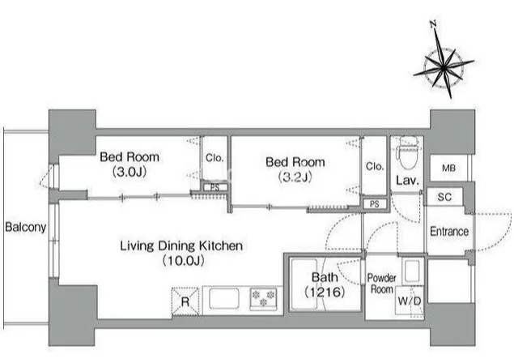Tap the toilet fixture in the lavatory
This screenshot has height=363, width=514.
[x=408, y=152]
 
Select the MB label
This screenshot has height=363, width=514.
[x=448, y=168]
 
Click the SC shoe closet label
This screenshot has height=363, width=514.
[x=444, y=197]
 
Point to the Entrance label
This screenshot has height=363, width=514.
[x=449, y=232]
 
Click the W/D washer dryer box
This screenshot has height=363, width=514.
[x=410, y=301]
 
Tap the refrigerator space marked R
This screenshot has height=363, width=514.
[x=185, y=301]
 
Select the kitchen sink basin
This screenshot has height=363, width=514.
[x=224, y=298]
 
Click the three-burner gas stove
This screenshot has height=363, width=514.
[x=263, y=298]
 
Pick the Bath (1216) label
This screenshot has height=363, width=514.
[x=325, y=284]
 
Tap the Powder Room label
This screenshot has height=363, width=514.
[x=381, y=284]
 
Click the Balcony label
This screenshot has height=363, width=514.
[x=26, y=227]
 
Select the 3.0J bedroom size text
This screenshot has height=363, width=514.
[x=130, y=172]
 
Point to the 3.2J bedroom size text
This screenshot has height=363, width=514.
[x=295, y=177]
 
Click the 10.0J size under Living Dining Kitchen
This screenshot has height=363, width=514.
[x=183, y=261]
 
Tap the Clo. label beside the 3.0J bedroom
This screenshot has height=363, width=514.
[x=215, y=158]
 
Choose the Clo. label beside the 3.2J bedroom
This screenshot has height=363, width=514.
[x=375, y=166]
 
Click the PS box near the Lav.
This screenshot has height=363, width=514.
[x=375, y=204]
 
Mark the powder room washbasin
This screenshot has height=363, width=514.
[x=412, y=271]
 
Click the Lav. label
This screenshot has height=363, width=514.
[x=407, y=180]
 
